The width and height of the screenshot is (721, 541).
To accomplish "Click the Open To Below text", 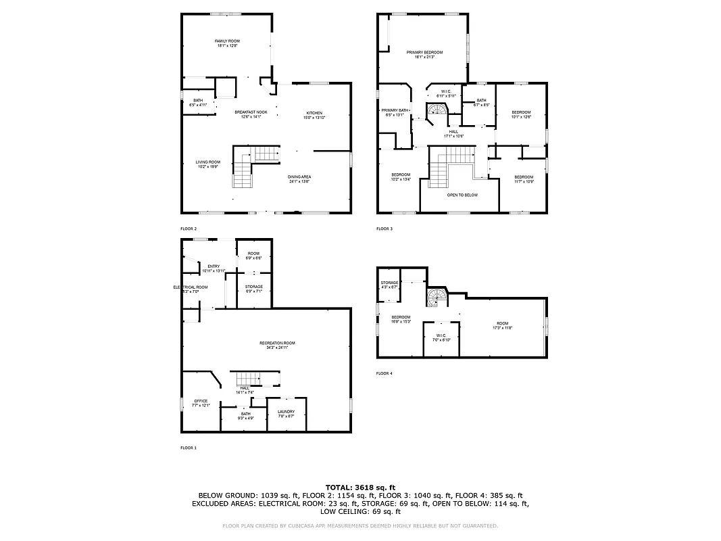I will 462,195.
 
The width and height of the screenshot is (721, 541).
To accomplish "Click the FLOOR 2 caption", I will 189,229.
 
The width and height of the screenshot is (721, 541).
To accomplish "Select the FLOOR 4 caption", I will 384,373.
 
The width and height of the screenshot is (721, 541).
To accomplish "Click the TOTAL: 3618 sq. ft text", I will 360,487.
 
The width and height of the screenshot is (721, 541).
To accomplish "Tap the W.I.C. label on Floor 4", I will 441,337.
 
